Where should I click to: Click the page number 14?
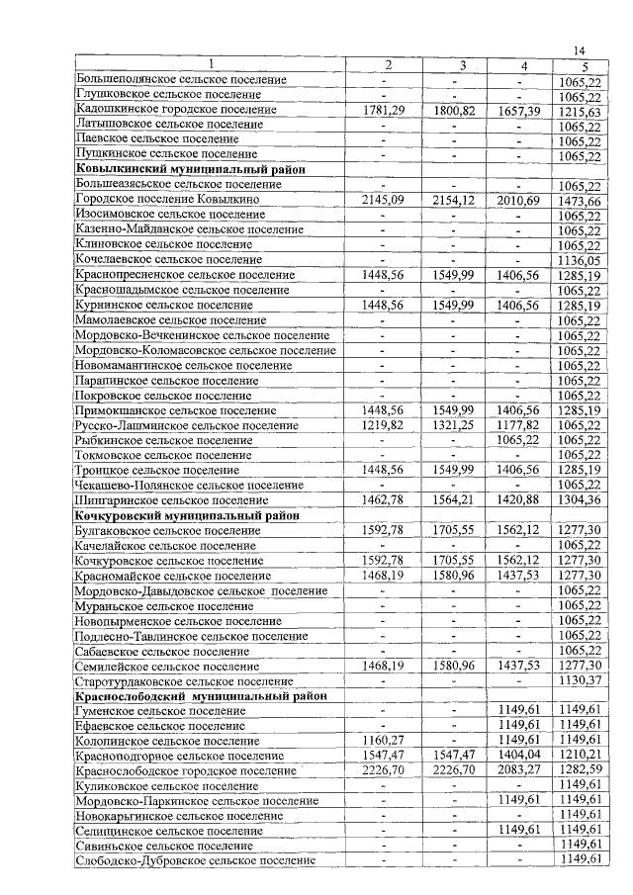[581, 51]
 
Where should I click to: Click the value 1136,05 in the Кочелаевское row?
[580, 260]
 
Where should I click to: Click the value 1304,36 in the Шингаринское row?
[580, 500]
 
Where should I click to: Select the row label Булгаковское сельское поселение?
[163, 530]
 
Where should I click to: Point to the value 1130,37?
[580, 680]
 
